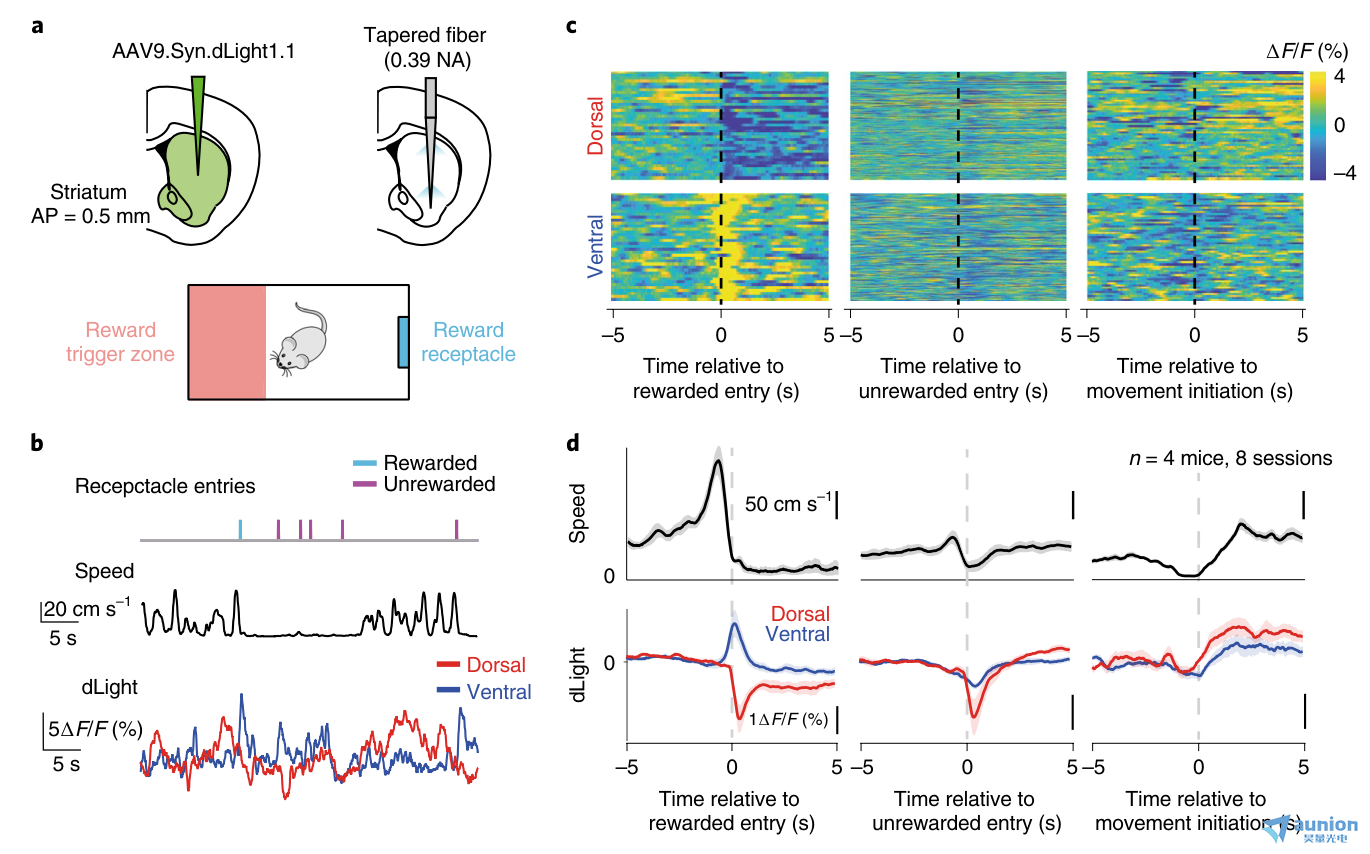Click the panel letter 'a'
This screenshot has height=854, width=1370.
coord(38,26)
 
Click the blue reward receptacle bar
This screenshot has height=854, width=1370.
coord(403,343)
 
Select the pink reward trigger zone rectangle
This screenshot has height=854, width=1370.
coord(227,342)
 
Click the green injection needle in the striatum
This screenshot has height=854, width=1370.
coord(198,122)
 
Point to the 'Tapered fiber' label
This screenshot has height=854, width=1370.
coord(424,35)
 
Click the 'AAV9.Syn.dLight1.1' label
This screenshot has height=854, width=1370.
coord(204,51)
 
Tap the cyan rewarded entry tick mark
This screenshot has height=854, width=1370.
coord(240,529)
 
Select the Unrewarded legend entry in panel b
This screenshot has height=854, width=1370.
coord(424,484)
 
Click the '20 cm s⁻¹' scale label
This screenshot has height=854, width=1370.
coord(86,609)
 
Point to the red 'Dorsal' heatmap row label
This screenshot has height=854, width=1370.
coord(595,126)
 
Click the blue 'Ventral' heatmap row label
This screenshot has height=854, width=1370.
coord(595,247)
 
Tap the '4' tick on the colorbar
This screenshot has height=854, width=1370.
coord(1339,76)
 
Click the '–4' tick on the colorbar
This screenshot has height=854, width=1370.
coord(1344,173)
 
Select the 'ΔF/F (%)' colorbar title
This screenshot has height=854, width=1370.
coord(1308,51)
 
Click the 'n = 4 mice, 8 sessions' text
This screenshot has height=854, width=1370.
coord(1230,458)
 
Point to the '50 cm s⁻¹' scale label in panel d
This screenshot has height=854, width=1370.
coord(788,503)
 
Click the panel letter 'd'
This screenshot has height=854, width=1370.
coord(573,442)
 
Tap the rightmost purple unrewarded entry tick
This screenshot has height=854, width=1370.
coord(457,529)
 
